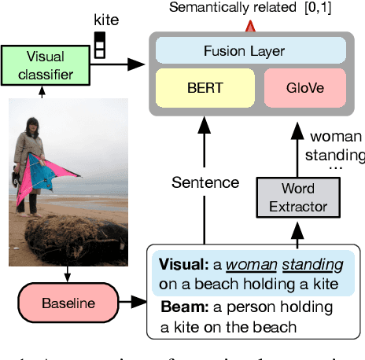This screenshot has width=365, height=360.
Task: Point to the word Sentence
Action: [x=206, y=182]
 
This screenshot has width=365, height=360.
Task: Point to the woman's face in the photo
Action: [x=34, y=126]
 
